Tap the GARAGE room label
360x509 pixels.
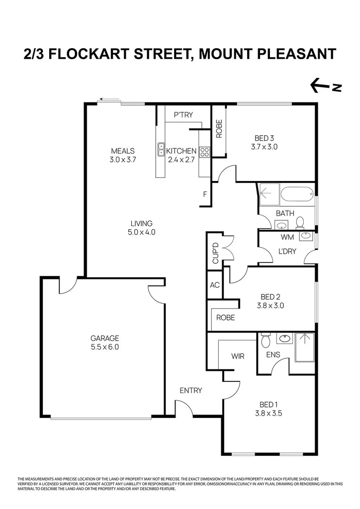click(104, 339)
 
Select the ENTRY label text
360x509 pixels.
click(191, 390)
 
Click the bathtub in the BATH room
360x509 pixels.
click(296, 194)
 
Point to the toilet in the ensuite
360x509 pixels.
click(265, 341)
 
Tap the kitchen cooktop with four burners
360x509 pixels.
click(204, 152)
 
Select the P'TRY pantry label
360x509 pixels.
click(183, 115)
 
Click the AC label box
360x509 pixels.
click(215, 285)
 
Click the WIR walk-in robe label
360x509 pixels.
click(237, 356)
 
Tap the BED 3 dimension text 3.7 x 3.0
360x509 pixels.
click(264, 147)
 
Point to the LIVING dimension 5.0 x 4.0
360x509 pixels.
click(142, 232)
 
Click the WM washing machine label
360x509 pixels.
click(287, 237)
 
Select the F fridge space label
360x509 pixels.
click(205, 194)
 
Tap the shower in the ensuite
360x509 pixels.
click(304, 346)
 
